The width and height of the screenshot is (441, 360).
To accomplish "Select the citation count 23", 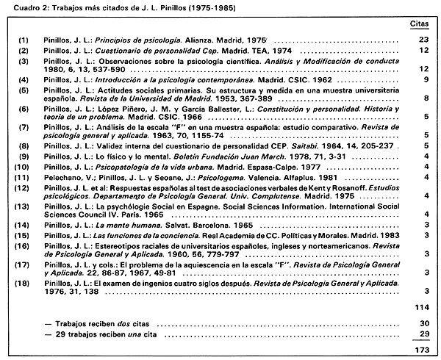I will tap(423, 37).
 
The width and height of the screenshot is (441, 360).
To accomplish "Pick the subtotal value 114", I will tap(420, 306).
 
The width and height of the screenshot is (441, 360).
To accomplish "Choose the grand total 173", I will tap(420, 350).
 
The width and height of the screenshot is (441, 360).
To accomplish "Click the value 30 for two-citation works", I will tap(423, 323).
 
